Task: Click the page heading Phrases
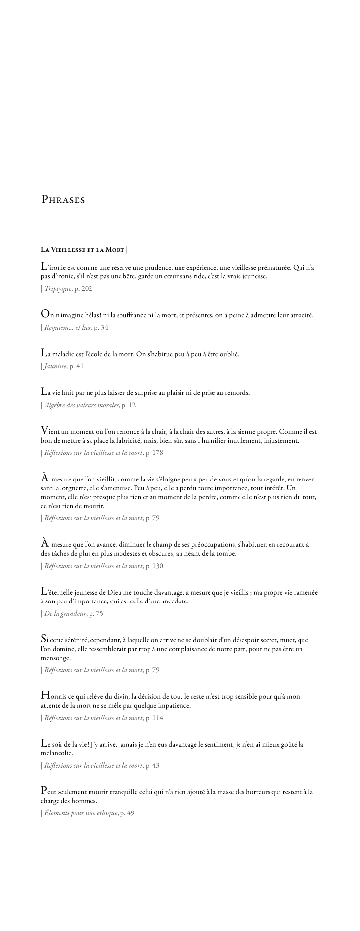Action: click(x=63, y=200)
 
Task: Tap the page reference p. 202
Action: click(x=83, y=289)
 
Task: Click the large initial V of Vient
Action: click(x=45, y=431)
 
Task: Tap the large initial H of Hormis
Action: click(x=45, y=696)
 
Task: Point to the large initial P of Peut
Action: click(x=44, y=791)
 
